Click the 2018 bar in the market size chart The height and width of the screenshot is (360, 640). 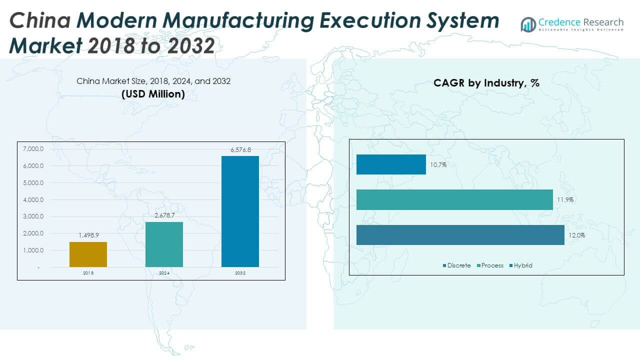(x=88, y=254)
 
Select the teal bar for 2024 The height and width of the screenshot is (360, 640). (x=164, y=244)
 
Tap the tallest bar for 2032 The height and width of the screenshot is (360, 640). (x=240, y=211)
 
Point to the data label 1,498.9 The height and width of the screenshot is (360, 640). (x=88, y=235)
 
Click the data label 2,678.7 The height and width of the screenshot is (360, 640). (x=164, y=215)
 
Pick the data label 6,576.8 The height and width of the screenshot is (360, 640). (x=240, y=149)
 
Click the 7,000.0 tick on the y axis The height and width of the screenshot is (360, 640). (x=33, y=149)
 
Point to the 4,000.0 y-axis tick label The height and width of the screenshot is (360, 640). (x=33, y=200)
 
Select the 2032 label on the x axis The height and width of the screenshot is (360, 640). (x=240, y=273)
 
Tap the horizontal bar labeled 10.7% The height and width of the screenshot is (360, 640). (x=391, y=164)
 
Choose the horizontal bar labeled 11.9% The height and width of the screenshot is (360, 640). (x=454, y=199)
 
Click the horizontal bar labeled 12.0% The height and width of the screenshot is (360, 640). (x=460, y=235)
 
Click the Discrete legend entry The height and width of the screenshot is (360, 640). (x=456, y=265)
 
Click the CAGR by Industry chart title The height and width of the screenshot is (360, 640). (x=486, y=83)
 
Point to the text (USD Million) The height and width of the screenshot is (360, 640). (x=153, y=94)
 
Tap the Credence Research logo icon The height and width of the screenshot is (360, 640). (x=528, y=24)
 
